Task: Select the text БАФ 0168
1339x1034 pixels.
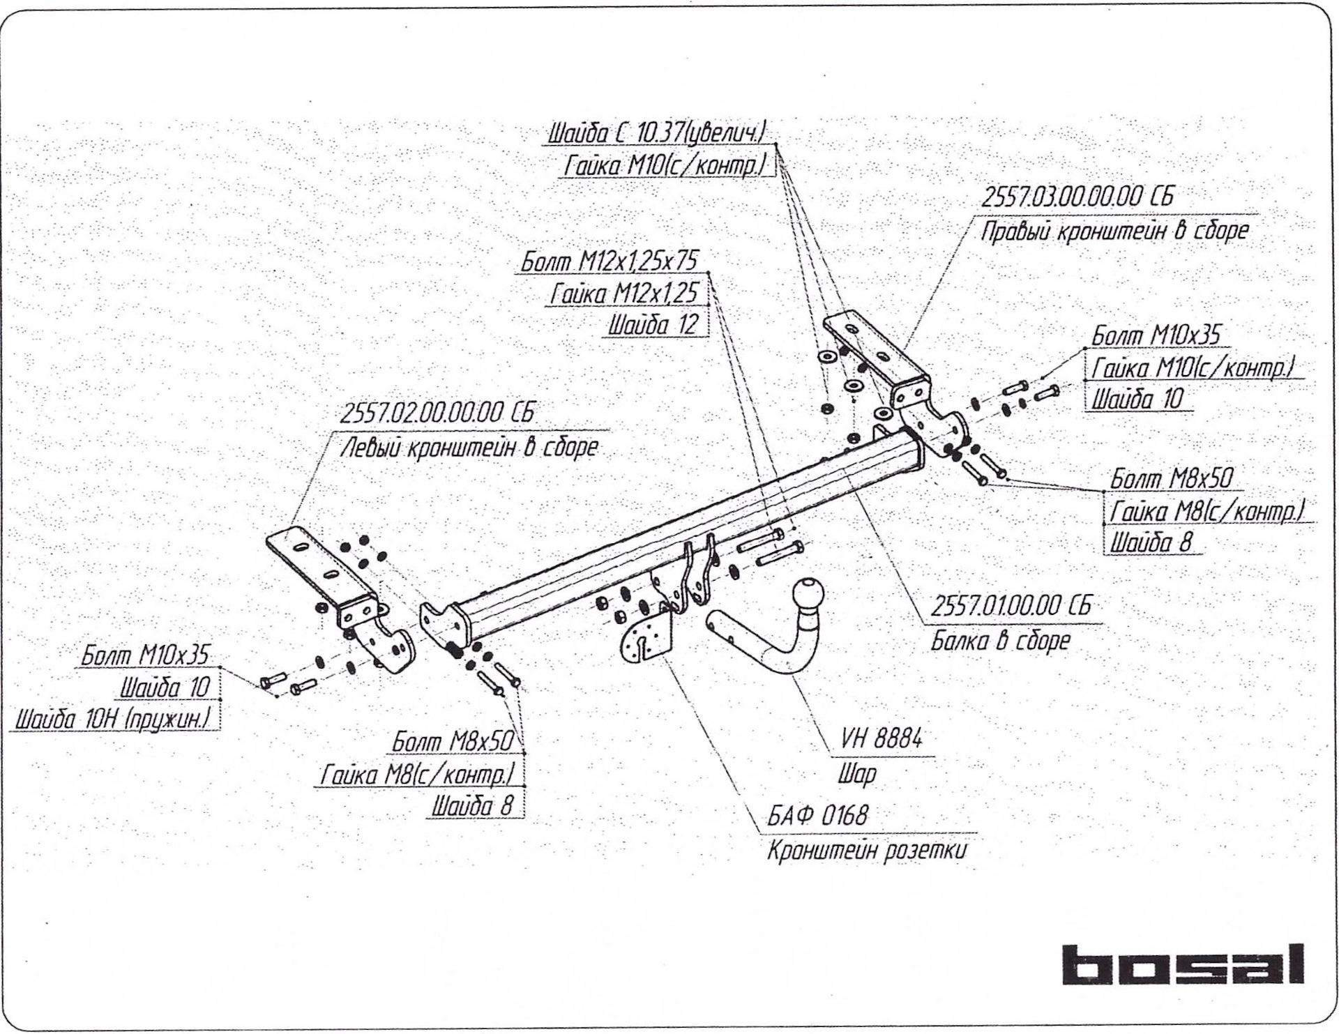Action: point(817,815)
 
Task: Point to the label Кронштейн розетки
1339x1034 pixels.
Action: point(867,851)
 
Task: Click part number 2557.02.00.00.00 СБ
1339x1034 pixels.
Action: point(437,413)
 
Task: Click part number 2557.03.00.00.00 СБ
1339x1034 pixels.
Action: point(1077,197)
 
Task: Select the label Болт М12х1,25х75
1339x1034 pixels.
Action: point(610,261)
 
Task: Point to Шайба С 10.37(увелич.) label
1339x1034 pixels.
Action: point(658,132)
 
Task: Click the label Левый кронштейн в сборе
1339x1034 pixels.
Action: point(469,447)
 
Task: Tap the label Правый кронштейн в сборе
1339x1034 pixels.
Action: point(1114,231)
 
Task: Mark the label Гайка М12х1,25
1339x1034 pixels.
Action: point(623,294)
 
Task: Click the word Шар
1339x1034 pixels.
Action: point(857,774)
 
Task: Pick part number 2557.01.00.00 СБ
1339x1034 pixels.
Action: point(1011,607)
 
